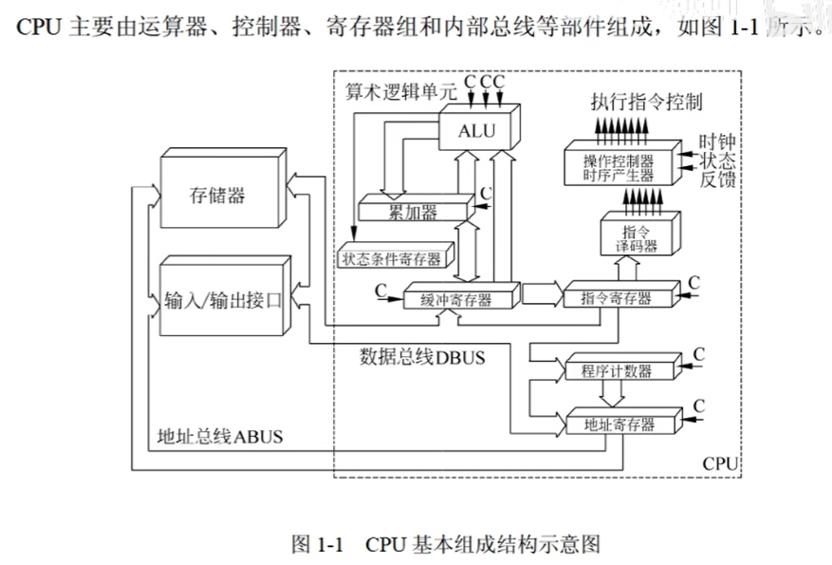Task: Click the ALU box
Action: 476,131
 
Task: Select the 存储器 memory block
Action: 217,195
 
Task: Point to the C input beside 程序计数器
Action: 700,354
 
